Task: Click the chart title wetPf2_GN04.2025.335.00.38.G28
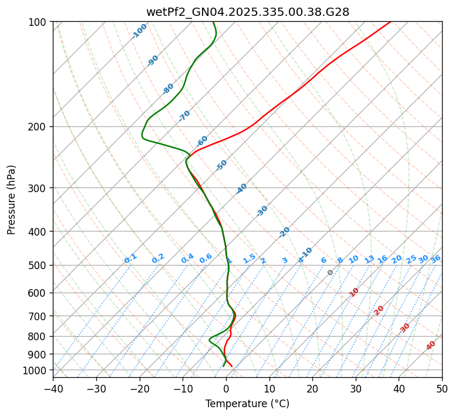(x=247, y=11)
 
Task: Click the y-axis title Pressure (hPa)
(x=12, y=199)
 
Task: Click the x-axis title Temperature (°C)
(x=247, y=404)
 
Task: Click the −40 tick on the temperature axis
(x=53, y=388)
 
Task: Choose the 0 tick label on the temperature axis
(x=226, y=388)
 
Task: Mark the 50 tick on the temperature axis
(x=442, y=388)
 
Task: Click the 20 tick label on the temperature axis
(x=312, y=388)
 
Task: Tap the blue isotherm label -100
(x=139, y=31)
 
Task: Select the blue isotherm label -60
(x=202, y=141)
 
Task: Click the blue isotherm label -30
(x=262, y=211)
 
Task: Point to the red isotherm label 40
(x=431, y=345)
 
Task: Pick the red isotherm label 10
(x=354, y=292)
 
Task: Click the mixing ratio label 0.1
(x=130, y=258)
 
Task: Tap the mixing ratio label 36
(x=436, y=259)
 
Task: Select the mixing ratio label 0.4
(x=187, y=259)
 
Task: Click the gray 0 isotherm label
(x=331, y=273)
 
